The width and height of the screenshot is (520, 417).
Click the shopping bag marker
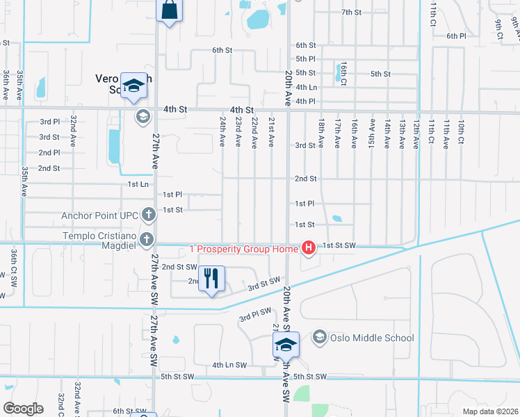pyautogui.click(x=170, y=11)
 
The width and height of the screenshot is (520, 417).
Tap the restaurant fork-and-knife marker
pyautogui.click(x=211, y=279)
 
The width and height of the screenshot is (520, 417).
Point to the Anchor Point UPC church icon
pyautogui.click(x=147, y=215)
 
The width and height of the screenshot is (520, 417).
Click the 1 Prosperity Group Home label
pyautogui.click(x=243, y=248)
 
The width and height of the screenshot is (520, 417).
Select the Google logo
pyautogui.click(x=23, y=408)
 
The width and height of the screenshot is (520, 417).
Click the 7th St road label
pyautogui.click(x=352, y=13)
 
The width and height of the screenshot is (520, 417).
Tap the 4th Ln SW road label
pyautogui.click(x=229, y=365)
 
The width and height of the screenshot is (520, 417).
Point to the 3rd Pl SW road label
pyautogui.click(x=255, y=315)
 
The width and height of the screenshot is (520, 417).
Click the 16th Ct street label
pyautogui.click(x=343, y=72)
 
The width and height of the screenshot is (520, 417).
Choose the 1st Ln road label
pyautogui.click(x=138, y=184)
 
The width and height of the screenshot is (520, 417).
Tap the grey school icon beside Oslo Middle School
pyautogui.click(x=319, y=338)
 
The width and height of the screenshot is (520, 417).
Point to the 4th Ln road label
pyautogui.click(x=307, y=88)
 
